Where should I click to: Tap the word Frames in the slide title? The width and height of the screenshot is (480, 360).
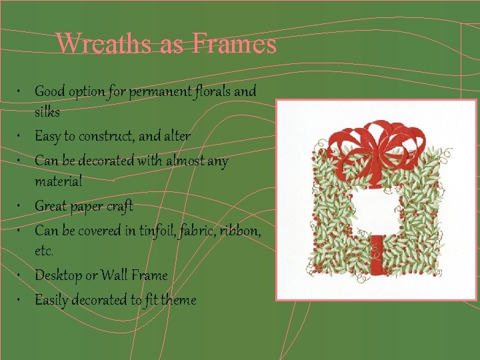tap(235, 44)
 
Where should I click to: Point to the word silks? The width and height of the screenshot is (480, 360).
tap(47, 112)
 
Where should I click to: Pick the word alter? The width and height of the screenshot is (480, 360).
tap(177, 137)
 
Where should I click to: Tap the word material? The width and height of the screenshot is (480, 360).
tap(59, 181)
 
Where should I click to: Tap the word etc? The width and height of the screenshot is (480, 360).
tap(44, 252)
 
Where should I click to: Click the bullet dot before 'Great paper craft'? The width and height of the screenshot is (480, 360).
tap(22, 206)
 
